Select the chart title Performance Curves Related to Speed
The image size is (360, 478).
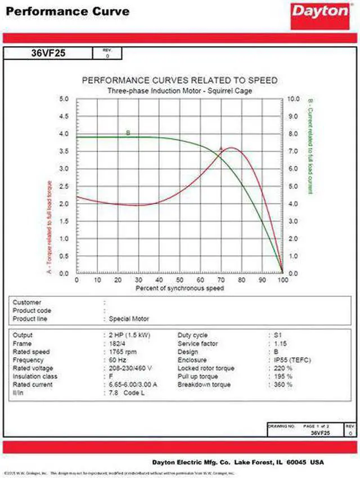tap(180, 80)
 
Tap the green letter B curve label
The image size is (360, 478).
tap(128, 133)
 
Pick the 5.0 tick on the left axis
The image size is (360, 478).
tap(64, 99)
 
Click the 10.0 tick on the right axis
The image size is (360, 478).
tap(294, 99)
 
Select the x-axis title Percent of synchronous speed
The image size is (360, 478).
tap(180, 288)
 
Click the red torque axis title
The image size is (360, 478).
tap(50, 228)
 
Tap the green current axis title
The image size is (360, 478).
tap(310, 146)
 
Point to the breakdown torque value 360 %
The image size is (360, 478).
tap(282, 385)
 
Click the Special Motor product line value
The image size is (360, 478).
tap(129, 319)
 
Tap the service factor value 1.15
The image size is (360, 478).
tap(280, 344)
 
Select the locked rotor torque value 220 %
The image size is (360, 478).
tap(282, 368)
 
